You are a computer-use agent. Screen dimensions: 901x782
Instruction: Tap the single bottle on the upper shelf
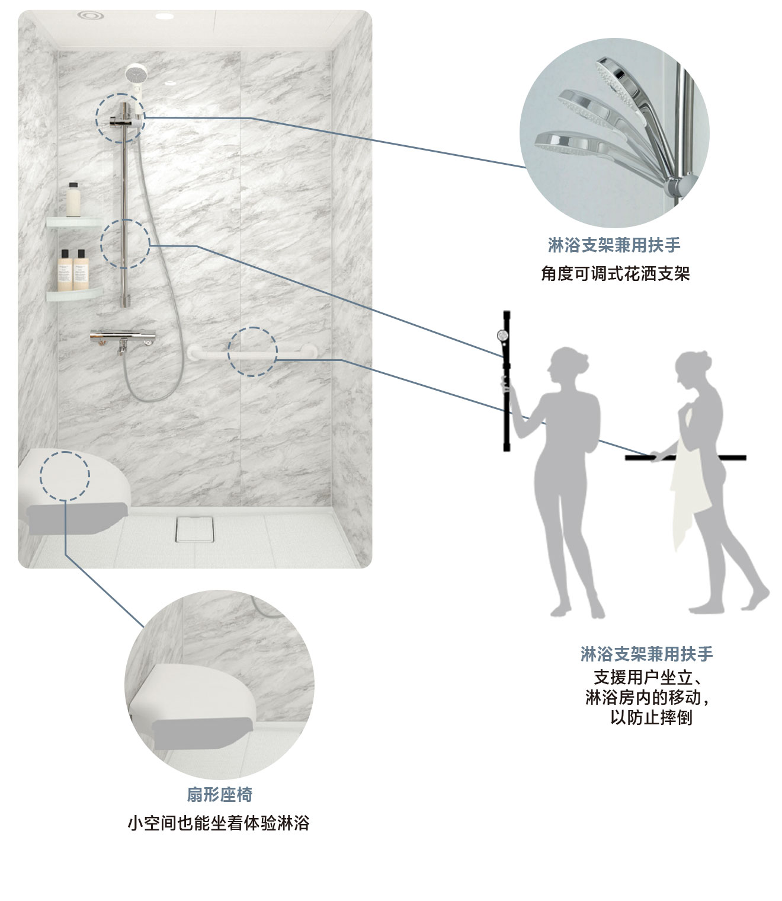click(73, 200)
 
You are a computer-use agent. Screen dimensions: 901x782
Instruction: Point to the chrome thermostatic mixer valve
click(123, 338)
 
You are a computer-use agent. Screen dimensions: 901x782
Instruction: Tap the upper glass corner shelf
click(73, 222)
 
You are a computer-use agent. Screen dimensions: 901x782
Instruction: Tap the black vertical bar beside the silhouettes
click(507, 379)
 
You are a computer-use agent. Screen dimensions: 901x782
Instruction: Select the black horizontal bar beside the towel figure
click(685, 458)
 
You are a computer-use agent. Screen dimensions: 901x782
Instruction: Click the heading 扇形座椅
click(219, 794)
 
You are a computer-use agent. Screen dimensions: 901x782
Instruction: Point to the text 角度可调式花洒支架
click(615, 274)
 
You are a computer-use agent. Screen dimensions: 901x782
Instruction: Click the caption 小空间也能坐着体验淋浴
click(219, 823)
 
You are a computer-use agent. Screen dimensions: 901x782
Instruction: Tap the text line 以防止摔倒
click(651, 717)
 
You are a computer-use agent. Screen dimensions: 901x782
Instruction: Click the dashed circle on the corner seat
click(65, 475)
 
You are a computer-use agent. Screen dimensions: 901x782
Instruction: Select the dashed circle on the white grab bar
click(253, 351)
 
